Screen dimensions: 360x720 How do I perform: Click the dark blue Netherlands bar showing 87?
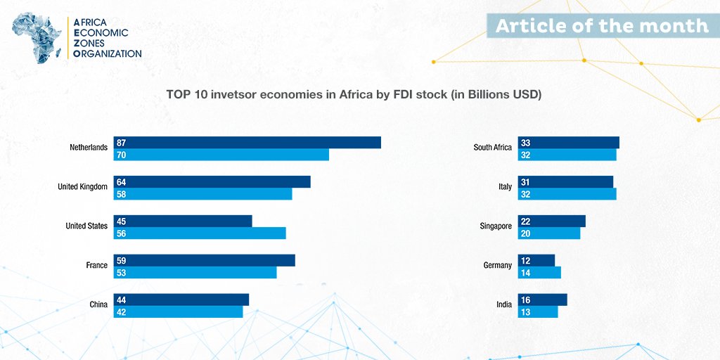pos(247,143)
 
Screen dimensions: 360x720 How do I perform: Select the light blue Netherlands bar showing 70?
pos(221,155)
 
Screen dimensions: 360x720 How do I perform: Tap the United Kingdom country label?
pos(82,187)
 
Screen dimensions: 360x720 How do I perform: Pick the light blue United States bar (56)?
pos(200,233)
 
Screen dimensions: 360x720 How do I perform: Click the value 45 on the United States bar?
pos(122,221)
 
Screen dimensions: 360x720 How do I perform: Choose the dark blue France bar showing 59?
pos(204,261)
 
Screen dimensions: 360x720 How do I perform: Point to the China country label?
pos(98,304)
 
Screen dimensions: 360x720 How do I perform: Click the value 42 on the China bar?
pos(122,311)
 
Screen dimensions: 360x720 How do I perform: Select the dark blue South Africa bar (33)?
pos(568,143)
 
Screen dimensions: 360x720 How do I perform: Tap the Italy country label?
pos(505,187)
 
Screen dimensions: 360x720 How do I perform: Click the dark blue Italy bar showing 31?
pos(565,182)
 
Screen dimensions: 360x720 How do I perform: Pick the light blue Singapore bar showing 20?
pos(548,233)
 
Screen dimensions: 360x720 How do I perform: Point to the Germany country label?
pos(498,266)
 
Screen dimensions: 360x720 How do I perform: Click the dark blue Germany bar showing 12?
pos(536,261)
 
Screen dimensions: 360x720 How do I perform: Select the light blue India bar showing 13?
pos(537,311)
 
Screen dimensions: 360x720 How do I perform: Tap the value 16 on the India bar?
pos(525,300)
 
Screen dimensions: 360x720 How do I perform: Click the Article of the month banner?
pos(602,26)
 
